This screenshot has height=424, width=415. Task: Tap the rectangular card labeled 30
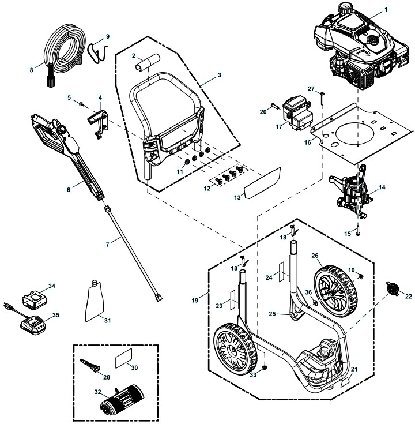[124, 359]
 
